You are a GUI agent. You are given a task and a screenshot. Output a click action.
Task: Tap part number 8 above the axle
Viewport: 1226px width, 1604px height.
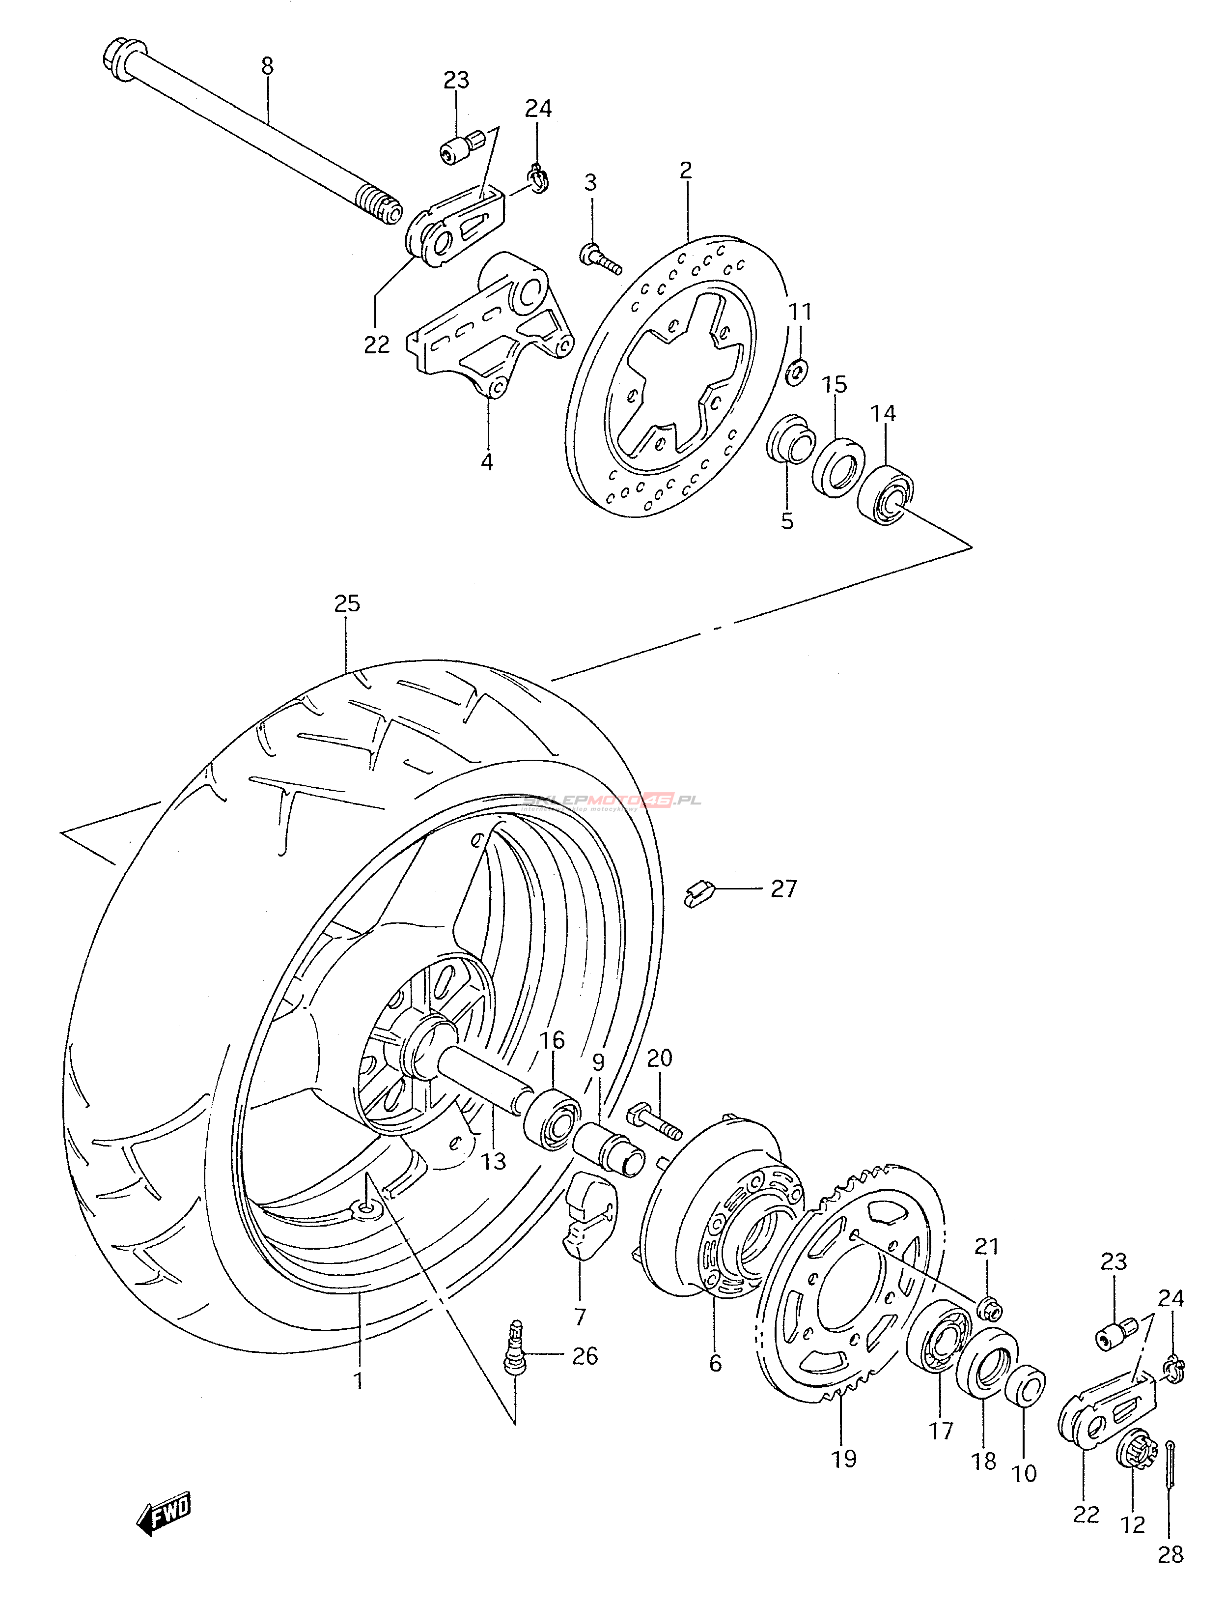coord(267,66)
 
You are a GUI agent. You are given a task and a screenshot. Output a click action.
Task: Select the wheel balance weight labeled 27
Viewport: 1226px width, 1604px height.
coord(697,892)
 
